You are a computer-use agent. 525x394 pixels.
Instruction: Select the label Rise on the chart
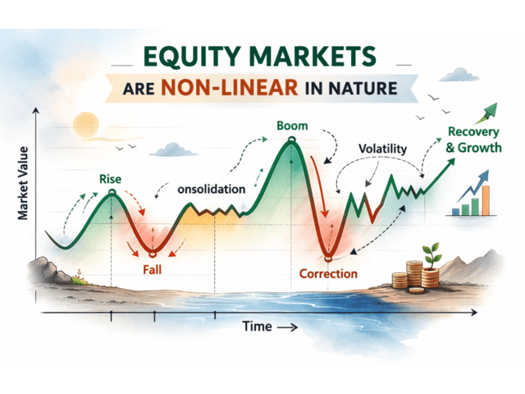pos(110,178)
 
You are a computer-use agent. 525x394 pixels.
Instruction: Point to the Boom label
pos(291,128)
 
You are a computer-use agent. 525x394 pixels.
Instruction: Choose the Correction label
pos(328,273)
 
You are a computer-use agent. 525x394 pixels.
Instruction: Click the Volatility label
pos(382,149)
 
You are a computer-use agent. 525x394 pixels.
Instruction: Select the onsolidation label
pos(211,189)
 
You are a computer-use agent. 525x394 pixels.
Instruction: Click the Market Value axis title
pos(25,180)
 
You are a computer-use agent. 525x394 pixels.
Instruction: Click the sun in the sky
pos(84,125)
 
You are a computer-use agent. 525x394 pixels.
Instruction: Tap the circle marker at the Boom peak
pos(290,142)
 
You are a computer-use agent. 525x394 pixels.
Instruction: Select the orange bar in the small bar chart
pos(485,199)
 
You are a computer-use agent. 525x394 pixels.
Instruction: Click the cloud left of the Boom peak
pos(170,149)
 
